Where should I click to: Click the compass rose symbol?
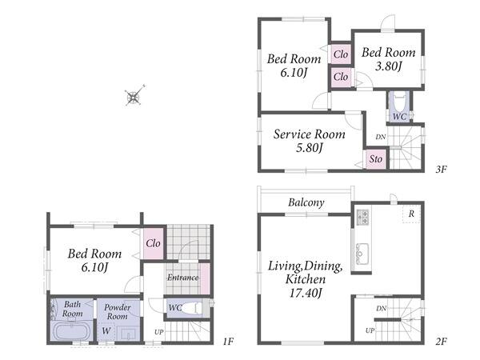pos(134,96)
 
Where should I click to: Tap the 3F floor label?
pos(441,170)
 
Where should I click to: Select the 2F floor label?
pos(441,341)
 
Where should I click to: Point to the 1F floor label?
pos(228,341)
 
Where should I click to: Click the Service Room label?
pos(309,134)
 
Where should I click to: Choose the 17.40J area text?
pos(306,293)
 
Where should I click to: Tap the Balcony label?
pos(306,202)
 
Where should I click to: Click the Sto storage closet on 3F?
pos(376,159)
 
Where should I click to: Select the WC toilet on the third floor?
pos(399,106)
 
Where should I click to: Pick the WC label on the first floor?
pos(174,307)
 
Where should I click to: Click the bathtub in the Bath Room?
pos(71,330)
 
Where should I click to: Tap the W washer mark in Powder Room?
pos(106,330)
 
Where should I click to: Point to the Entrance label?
pos(182,278)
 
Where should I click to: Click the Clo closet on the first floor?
pos(153,243)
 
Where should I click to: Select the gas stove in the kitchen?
pos(363,217)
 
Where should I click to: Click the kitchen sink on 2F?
pos(362,253)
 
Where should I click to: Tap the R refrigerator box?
pos(411,214)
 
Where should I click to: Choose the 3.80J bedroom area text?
pos(388,66)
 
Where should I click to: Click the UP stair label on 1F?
pos(159,332)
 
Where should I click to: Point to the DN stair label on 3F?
pos(381,137)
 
